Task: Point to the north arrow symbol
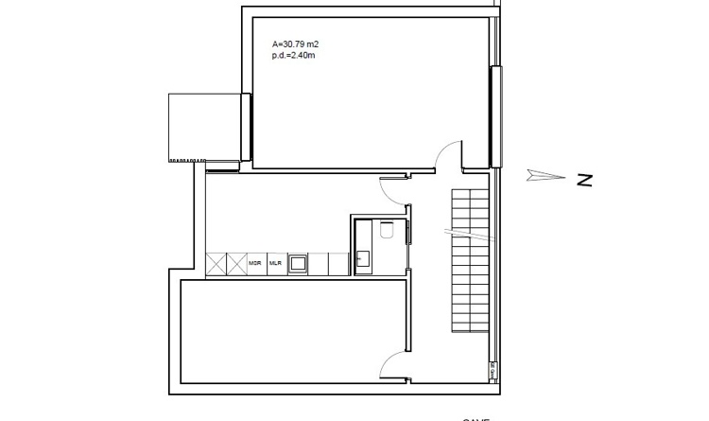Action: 544,176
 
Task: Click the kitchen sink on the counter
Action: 298,263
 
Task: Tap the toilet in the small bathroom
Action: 386,231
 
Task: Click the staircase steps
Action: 472,260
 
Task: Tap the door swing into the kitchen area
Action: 392,190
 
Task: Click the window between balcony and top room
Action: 246,126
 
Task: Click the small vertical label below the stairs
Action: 493,371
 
